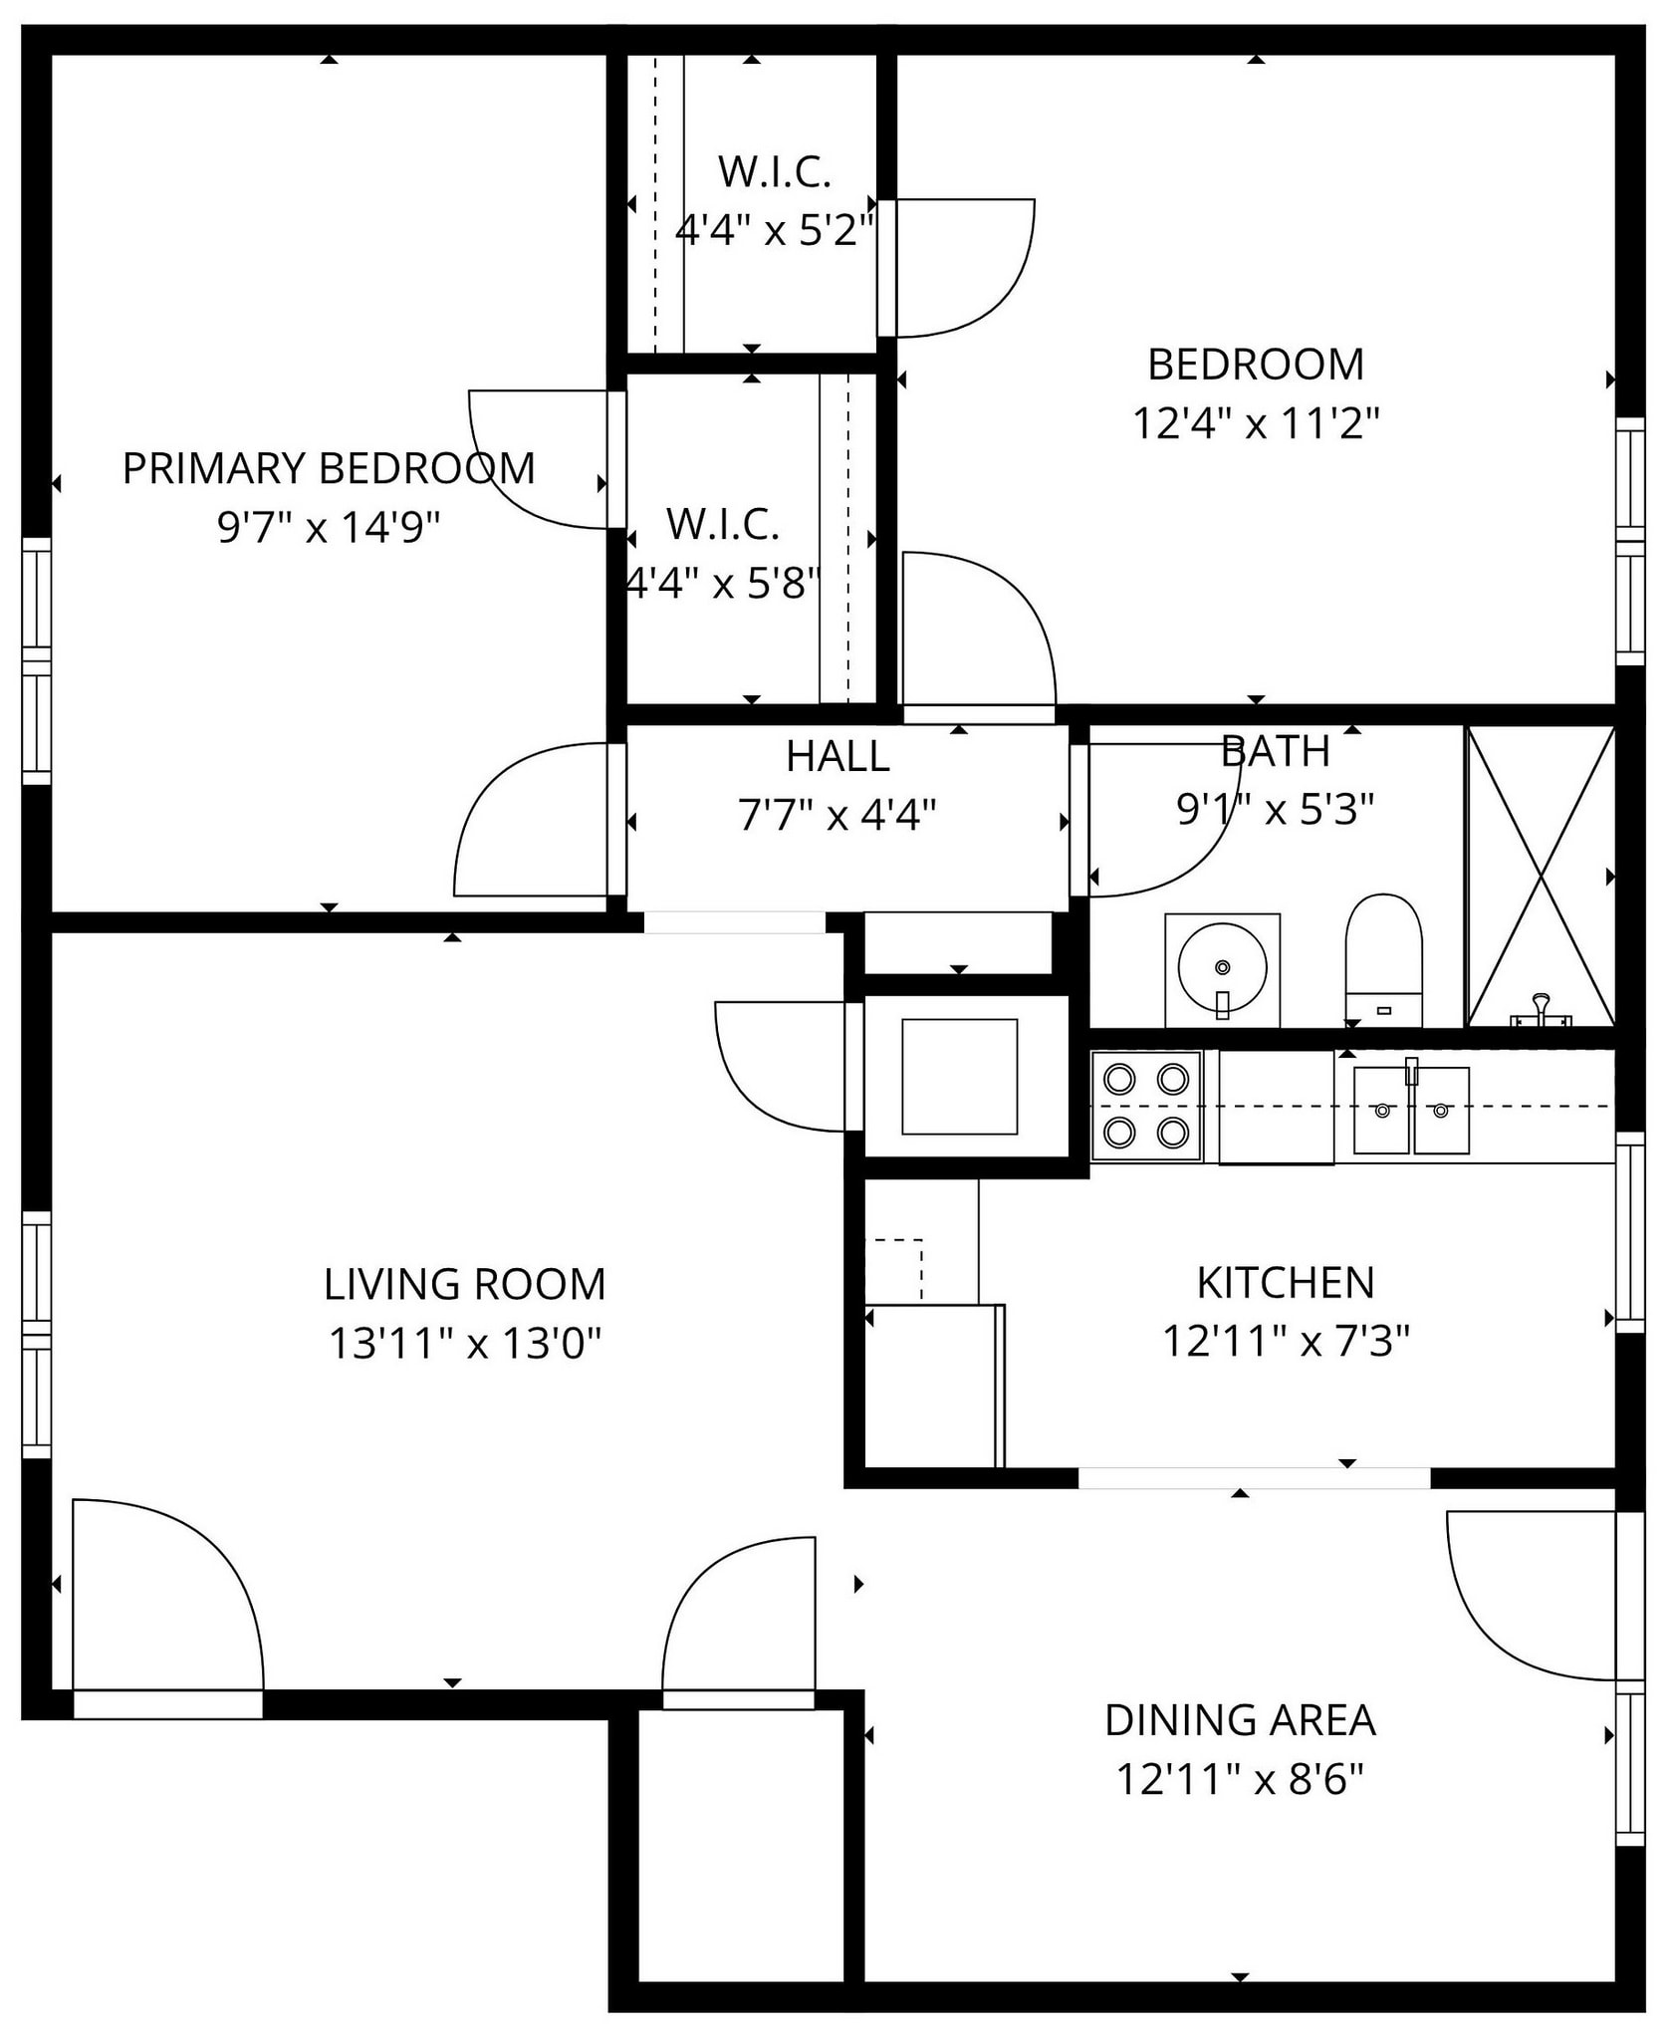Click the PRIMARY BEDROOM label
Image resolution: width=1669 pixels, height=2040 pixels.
(x=329, y=468)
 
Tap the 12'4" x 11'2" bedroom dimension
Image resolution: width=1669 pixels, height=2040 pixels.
(x=1256, y=423)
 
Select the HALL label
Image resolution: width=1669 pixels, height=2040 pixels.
(x=837, y=756)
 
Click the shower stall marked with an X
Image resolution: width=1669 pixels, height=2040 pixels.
(x=1541, y=877)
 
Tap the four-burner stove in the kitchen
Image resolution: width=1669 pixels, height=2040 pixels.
(x=1147, y=1106)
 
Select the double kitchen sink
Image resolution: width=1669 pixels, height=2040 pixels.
(x=1411, y=1110)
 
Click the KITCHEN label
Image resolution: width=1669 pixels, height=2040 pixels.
(x=1286, y=1283)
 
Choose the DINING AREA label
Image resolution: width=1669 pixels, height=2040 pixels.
(x=1240, y=1720)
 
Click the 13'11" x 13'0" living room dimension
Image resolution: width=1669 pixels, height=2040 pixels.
(x=465, y=1344)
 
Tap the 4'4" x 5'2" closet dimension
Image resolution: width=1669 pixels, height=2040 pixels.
(x=774, y=231)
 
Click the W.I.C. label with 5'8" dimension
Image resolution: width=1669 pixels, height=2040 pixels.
(x=723, y=525)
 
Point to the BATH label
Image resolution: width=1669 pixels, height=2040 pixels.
(x=1276, y=751)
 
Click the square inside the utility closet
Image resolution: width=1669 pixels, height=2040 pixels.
(x=959, y=1077)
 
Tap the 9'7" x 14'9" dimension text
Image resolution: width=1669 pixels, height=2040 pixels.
(x=329, y=527)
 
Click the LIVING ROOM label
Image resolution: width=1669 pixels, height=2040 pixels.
(x=465, y=1284)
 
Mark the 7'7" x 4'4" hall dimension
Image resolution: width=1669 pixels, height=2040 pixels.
(x=837, y=815)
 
